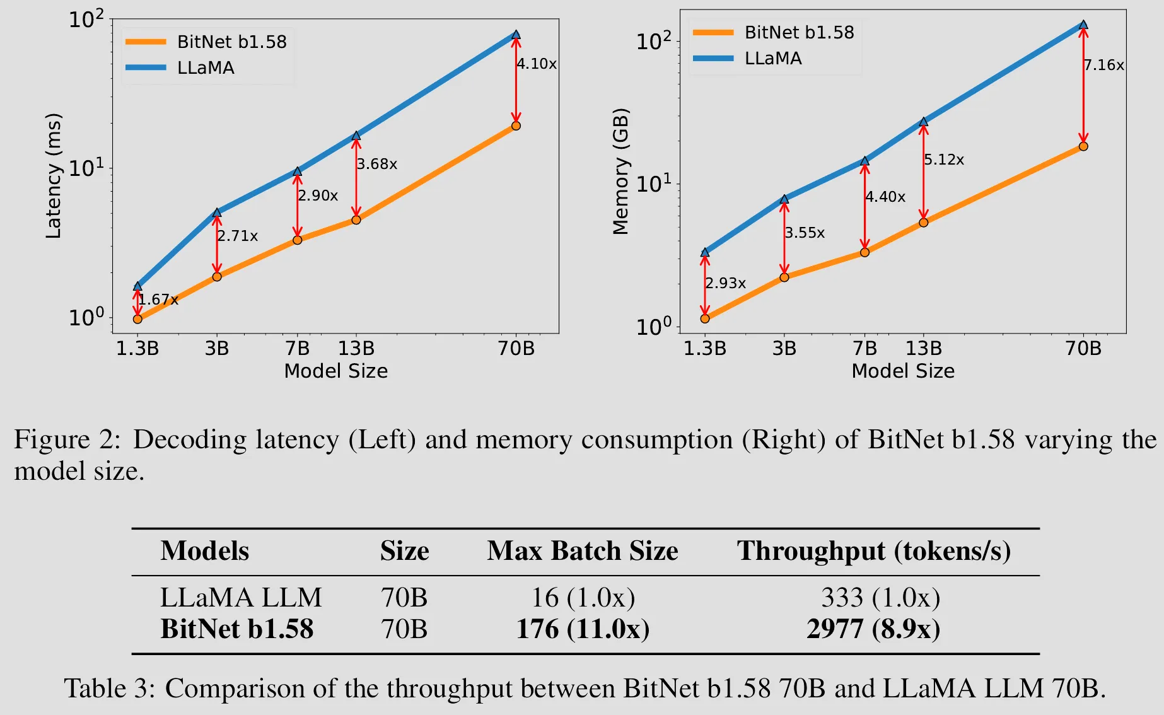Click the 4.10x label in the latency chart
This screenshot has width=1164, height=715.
[x=537, y=64]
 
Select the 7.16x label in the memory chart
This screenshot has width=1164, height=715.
[x=1104, y=66]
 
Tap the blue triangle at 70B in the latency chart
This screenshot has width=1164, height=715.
[x=516, y=35]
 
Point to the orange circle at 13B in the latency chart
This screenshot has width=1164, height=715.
[x=356, y=219]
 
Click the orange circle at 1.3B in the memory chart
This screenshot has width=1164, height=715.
[x=705, y=318]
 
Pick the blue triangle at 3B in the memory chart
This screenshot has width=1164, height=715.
[x=784, y=199]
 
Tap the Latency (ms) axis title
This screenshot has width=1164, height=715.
[x=54, y=176]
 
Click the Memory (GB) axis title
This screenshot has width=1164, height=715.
[x=621, y=171]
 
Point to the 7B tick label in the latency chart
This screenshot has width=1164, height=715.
[x=297, y=349]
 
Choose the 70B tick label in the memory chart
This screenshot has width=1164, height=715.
[x=1083, y=349]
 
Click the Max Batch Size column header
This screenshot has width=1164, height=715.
[x=582, y=551]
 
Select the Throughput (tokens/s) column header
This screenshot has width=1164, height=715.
[x=873, y=551]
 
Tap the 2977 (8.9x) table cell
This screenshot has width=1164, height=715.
[x=873, y=629]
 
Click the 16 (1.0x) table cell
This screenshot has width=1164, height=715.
[x=583, y=598]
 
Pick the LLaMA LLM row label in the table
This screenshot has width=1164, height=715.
[x=241, y=598]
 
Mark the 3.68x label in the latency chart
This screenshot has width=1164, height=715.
[x=377, y=165]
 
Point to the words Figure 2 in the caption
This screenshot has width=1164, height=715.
[x=67, y=439]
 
